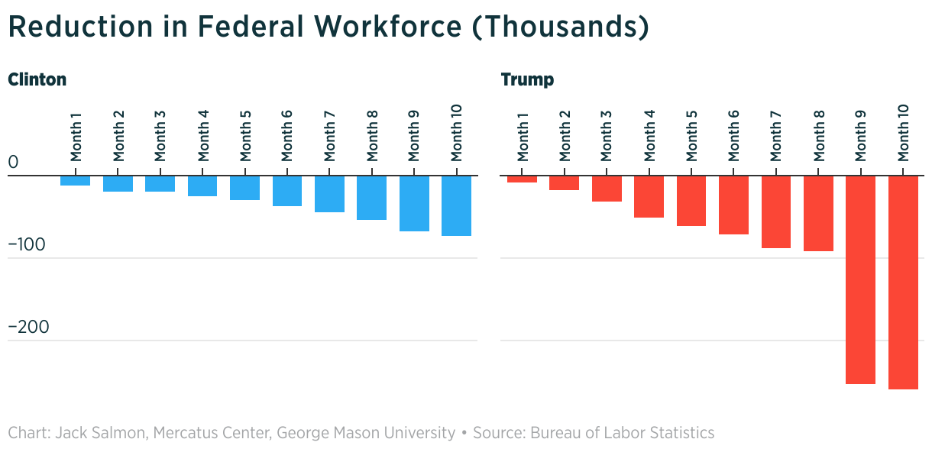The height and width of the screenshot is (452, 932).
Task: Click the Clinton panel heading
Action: [x=37, y=79]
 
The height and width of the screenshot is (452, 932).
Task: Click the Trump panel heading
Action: [x=527, y=79]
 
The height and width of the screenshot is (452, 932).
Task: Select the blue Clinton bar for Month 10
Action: [x=456, y=205]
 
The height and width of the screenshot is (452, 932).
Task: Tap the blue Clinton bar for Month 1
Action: [x=76, y=181]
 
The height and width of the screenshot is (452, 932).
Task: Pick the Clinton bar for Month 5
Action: [x=245, y=188]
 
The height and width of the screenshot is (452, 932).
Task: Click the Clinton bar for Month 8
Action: [x=372, y=198]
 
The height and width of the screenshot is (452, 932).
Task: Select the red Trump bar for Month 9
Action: [x=860, y=279]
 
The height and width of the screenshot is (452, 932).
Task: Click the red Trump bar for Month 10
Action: [x=903, y=282]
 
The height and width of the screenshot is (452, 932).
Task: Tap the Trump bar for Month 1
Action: [x=523, y=179]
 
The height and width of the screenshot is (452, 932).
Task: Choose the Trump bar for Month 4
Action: [x=649, y=197]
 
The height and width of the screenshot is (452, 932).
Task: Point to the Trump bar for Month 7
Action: [x=775, y=211]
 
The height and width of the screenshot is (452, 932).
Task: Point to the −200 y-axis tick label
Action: [x=28, y=327]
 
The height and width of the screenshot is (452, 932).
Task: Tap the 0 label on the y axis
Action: [x=13, y=163]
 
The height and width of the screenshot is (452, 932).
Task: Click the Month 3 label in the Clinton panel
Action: [x=160, y=136]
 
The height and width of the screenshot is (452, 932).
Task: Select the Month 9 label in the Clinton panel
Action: [x=414, y=136]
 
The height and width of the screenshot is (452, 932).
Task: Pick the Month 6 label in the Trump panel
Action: [x=733, y=136]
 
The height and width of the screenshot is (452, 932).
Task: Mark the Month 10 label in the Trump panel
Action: [x=903, y=134]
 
